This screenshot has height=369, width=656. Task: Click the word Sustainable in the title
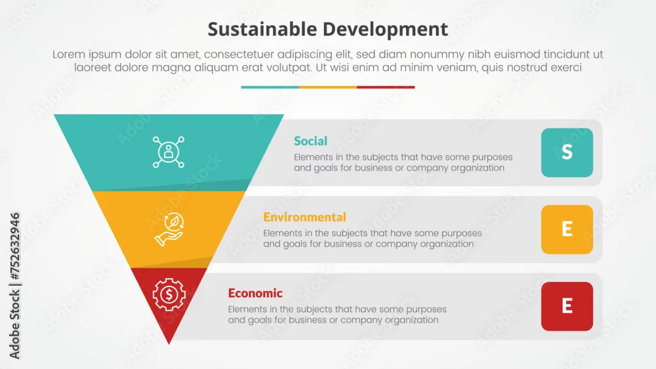262,29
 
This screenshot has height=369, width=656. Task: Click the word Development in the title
385,30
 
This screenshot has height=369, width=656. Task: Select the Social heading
310,142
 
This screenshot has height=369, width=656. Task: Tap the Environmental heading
304,218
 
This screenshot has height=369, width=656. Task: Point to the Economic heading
255,294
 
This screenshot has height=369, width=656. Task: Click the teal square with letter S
567,153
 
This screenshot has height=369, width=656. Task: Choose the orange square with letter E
567,229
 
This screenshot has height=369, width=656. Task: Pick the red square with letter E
567,306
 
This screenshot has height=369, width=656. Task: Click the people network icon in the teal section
169,152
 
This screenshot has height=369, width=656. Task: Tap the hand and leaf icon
169,229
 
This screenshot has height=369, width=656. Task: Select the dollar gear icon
169,295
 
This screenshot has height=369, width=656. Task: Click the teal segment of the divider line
270,87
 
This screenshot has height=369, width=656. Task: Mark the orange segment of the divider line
328,87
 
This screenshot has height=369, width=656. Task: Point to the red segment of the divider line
386,87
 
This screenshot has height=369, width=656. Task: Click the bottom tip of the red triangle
169,344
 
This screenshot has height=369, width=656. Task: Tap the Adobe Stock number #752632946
14,246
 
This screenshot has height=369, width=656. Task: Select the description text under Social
403,163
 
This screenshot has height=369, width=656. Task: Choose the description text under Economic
337,315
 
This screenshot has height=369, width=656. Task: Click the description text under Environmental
373,239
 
